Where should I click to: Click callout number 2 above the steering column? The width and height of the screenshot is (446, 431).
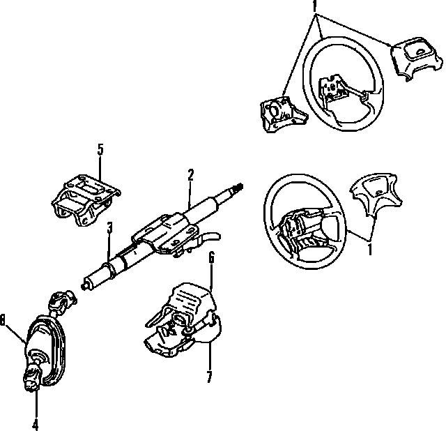pyautogui.click(x=190, y=174)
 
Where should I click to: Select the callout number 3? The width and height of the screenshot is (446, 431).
pyautogui.click(x=109, y=228)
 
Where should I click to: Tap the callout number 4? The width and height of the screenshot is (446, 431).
pyautogui.click(x=35, y=422)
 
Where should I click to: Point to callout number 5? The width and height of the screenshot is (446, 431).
pyautogui.click(x=100, y=149)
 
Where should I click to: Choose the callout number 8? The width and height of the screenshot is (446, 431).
pyautogui.click(x=3, y=319)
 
